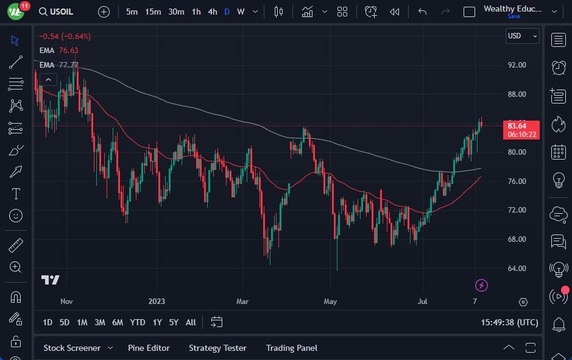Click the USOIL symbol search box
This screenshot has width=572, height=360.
pos(58,12)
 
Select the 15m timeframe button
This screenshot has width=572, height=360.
pos(153,12)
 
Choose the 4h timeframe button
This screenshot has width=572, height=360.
pos(212,12)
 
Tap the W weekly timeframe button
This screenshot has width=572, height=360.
pos(241,12)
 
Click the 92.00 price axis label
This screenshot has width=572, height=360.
pos(517,65)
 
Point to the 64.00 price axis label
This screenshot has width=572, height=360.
pos(517,269)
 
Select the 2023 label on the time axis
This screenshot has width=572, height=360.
pos(157,301)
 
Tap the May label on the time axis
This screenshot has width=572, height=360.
pos(330,301)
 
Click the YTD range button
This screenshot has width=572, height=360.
pos(138,322)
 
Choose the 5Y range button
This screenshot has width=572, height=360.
pos(174,322)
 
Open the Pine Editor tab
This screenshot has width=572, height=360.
pos(149,348)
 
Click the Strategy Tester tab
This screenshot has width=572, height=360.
pos(217,348)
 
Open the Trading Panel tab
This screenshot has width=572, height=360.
pos(291,348)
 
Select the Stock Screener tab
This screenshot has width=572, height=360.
pos(72,348)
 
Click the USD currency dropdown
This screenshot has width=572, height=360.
pos(523,36)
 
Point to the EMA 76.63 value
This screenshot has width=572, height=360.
pos(68,51)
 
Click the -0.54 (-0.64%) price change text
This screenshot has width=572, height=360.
pos(65,37)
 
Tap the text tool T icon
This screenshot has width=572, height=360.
pos(16,194)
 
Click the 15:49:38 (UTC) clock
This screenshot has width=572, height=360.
pos(509,322)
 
